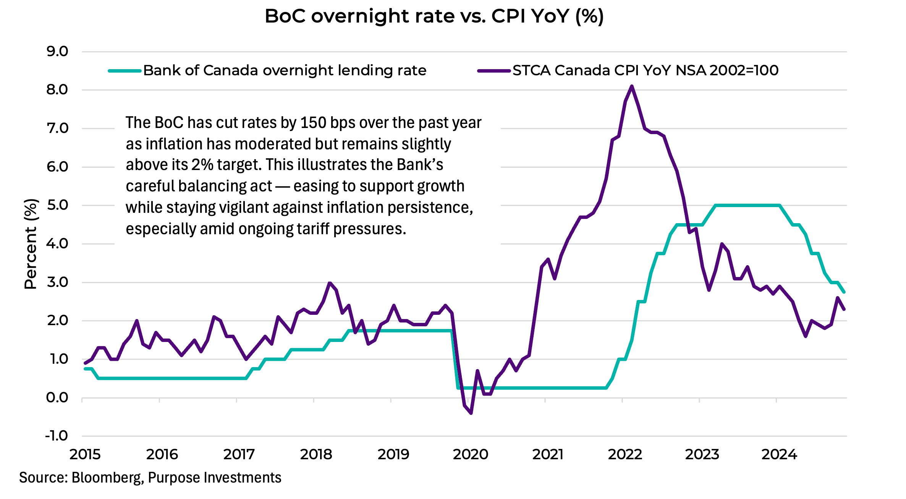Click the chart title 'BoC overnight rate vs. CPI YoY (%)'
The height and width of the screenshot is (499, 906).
pyautogui.click(x=434, y=17)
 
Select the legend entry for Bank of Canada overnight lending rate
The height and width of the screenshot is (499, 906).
pyautogui.click(x=284, y=70)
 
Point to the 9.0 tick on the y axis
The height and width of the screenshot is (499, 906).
pyautogui.click(x=57, y=52)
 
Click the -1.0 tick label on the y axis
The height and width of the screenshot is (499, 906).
pyautogui.click(x=57, y=436)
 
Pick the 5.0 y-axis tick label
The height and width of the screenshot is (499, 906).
pyautogui.click(x=57, y=205)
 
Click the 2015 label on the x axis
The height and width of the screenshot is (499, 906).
pyautogui.click(x=85, y=454)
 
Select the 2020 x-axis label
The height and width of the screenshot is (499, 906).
pyautogui.click(x=471, y=454)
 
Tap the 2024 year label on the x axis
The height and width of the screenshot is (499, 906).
pyautogui.click(x=779, y=454)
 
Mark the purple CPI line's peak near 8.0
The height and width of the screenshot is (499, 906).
pyautogui.click(x=632, y=86)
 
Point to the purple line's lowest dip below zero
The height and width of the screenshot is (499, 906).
pyautogui.click(x=471, y=413)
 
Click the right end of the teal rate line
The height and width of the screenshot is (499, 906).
pyautogui.click(x=844, y=292)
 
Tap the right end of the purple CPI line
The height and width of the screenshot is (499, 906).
pyautogui.click(x=844, y=309)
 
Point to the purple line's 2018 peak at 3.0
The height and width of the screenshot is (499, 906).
pyautogui.click(x=330, y=283)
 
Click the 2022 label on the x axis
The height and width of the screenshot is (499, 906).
pyautogui.click(x=625, y=454)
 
